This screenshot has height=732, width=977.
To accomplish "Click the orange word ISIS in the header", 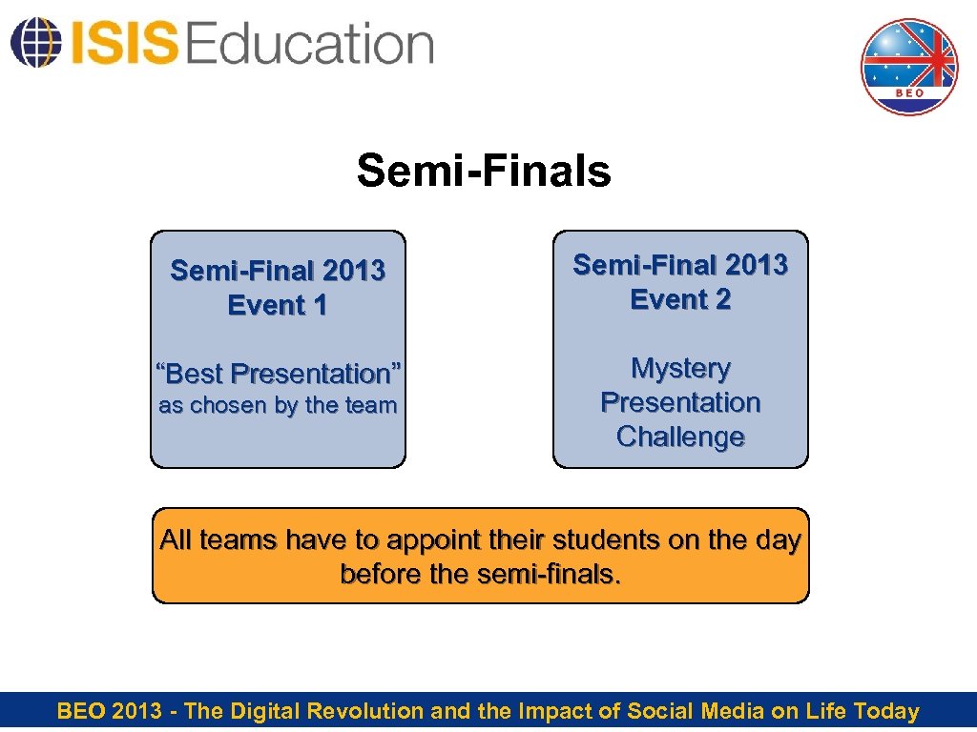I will tap(123, 44).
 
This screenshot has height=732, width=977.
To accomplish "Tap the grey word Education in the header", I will tap(310, 44).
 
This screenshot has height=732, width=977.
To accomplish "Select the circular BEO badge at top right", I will tap(908, 67).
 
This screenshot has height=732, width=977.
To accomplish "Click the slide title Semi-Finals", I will tap(484, 172).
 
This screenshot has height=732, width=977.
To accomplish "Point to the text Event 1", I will tap(278, 306).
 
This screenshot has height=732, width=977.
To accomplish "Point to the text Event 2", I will tap(680, 299).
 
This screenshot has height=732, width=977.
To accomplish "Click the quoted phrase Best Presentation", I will tap(278, 373).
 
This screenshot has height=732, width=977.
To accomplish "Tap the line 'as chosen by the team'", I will tap(278, 405).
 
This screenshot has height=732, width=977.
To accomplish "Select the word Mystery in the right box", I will tap(680, 368).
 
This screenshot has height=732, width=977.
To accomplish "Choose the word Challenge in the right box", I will tap(680, 437).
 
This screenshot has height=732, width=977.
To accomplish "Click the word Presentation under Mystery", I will tap(680, 402).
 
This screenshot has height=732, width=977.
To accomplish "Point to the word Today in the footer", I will tap(886, 711).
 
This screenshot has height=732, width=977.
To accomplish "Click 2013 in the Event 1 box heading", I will tap(353, 272).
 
